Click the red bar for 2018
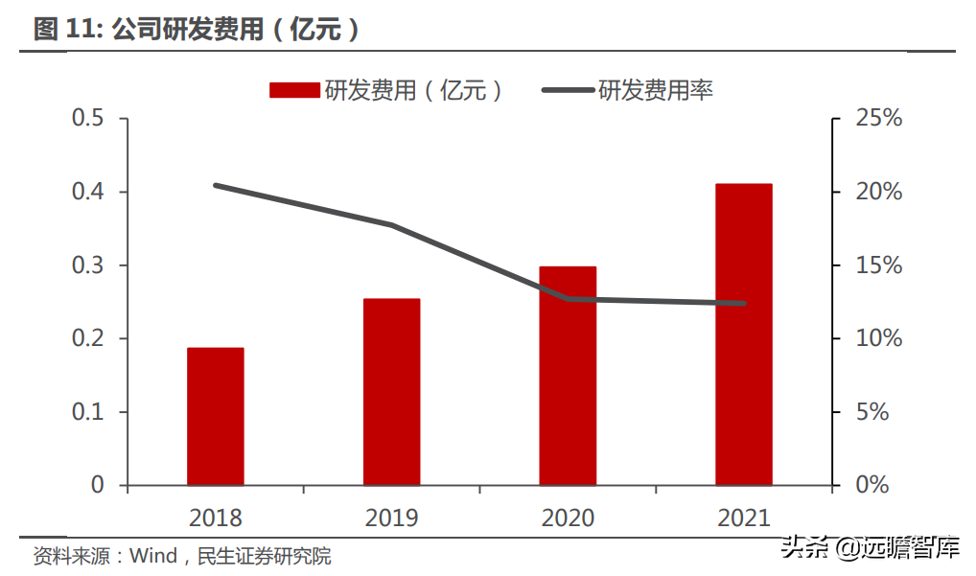click(x=215, y=416)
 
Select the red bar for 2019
click(x=391, y=391)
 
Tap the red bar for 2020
click(x=568, y=376)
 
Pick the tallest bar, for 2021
click(x=743, y=334)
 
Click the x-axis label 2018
click(x=215, y=518)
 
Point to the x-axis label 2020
click(x=568, y=518)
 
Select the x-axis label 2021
click(x=743, y=518)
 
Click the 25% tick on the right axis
click(x=878, y=119)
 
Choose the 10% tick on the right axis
click(x=878, y=339)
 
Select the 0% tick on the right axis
click(x=871, y=485)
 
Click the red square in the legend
click(x=294, y=90)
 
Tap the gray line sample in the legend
click(x=568, y=90)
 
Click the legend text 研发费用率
click(x=656, y=90)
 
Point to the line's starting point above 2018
click(x=216, y=185)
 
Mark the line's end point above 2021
click(x=743, y=304)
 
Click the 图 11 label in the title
click(x=60, y=30)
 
